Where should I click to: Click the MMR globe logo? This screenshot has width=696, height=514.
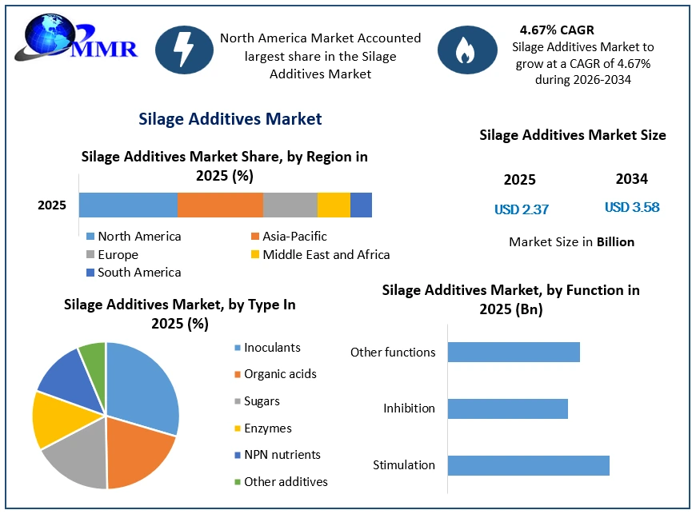(76, 38)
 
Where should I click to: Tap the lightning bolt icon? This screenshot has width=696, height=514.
(184, 50)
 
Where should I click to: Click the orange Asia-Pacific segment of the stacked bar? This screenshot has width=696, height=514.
(220, 205)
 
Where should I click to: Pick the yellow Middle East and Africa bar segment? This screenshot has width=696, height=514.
(334, 205)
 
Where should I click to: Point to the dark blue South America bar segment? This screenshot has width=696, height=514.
(361, 205)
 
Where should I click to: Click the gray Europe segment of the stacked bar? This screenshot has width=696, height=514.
(290, 205)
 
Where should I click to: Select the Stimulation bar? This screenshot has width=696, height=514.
(528, 465)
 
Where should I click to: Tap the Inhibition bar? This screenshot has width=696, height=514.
(508, 408)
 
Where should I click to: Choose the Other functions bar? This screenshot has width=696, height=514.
(514, 353)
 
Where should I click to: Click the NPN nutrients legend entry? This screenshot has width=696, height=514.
(278, 455)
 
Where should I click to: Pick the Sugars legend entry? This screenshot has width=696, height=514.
(257, 401)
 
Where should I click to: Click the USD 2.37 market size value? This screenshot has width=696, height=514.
(522, 209)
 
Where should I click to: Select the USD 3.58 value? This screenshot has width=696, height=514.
(632, 207)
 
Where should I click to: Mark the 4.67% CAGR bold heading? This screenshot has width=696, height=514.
(557, 30)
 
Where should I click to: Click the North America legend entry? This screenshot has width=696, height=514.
(134, 237)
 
